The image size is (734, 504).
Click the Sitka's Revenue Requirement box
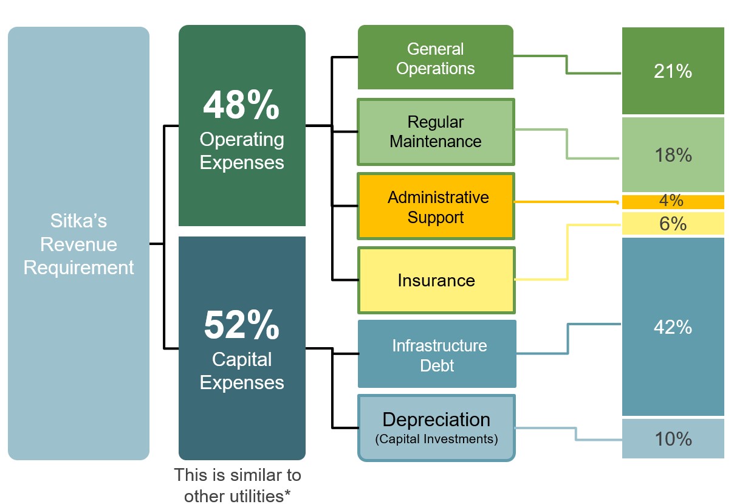pyautogui.click(x=78, y=243)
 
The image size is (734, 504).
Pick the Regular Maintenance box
pyautogui.click(x=435, y=131)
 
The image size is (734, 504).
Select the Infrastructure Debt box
pyautogui.click(x=437, y=354)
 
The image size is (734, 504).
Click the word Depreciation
pyautogui.click(x=436, y=419)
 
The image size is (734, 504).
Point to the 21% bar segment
pyautogui.click(x=673, y=71)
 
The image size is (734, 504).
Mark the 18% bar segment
pyautogui.click(x=673, y=155)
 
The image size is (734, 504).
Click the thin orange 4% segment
pyautogui.click(x=673, y=201)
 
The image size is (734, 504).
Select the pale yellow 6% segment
pyautogui.click(x=673, y=224)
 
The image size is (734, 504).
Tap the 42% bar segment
pyautogui.click(x=673, y=327)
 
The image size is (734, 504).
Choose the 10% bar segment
pyautogui.click(x=673, y=438)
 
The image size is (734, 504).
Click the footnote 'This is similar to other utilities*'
pyautogui.click(x=237, y=485)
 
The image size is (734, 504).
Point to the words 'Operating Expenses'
pyautogui.click(x=242, y=151)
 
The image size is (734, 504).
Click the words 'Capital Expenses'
pyautogui.click(x=242, y=371)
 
